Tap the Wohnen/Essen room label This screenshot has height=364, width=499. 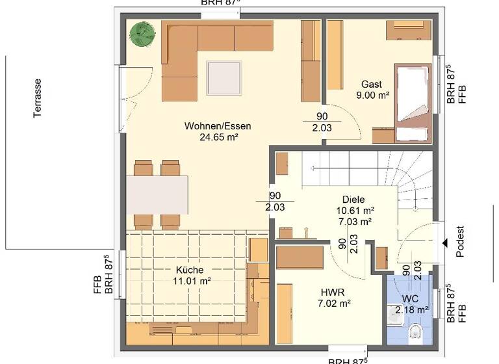[218, 126]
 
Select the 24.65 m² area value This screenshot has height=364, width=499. [218, 137]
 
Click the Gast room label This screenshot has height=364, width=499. [372, 84]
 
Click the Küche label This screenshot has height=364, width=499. [190, 270]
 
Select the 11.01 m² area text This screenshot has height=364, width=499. [190, 281]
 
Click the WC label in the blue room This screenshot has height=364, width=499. [411, 299]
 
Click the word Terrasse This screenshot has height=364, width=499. [38, 97]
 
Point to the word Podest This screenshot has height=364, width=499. [461, 242]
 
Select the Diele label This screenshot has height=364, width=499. [354, 200]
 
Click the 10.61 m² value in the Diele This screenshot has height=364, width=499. [355, 211]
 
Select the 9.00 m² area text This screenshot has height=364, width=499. [372, 96]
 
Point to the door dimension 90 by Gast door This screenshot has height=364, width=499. [322, 116]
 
